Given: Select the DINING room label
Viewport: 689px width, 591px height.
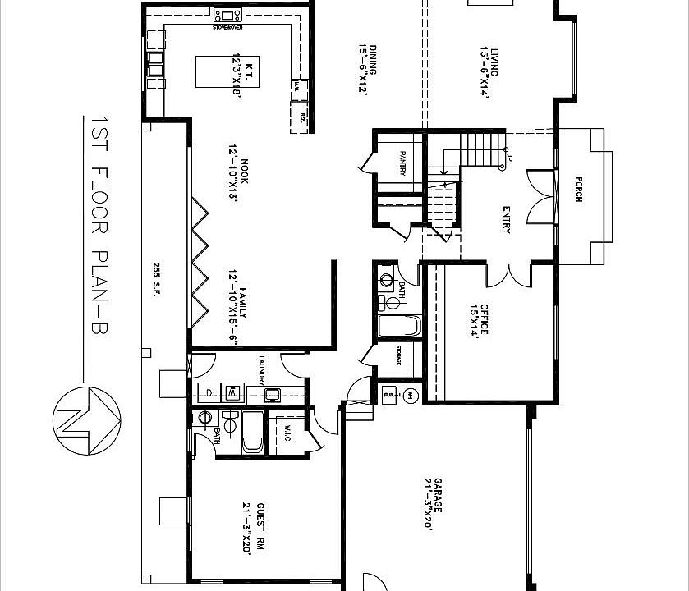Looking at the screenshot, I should (367, 60).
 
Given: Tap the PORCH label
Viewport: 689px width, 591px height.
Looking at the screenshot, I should (579, 190).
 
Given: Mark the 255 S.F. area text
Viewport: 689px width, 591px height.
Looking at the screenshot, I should (155, 278).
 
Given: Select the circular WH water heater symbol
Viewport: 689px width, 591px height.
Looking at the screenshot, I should (411, 395).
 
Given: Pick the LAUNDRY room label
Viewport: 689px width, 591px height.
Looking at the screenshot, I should (261, 369).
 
